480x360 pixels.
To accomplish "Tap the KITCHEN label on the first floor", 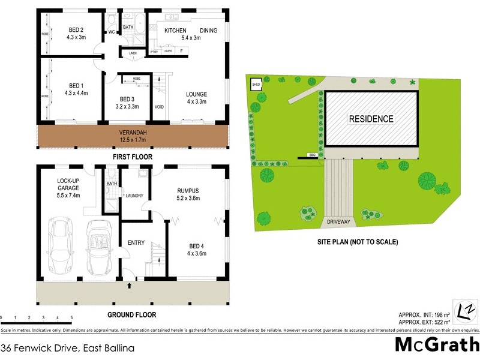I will pyautogui.click(x=176, y=31).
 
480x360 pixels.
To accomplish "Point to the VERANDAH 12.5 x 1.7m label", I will pyautogui.click(x=134, y=136).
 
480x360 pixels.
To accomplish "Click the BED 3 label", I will pyautogui.click(x=129, y=103).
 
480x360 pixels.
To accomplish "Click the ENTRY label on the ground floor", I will pyautogui.click(x=137, y=243).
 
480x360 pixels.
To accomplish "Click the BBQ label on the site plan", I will pyautogui.click(x=312, y=155).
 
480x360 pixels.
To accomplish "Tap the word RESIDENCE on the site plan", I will pyautogui.click(x=371, y=119).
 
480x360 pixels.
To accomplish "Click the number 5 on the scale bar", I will pyautogui.click(x=71, y=317).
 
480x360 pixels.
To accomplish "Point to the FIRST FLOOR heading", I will pyautogui.click(x=133, y=157).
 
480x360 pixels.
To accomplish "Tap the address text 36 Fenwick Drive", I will pyautogui.click(x=49, y=347).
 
